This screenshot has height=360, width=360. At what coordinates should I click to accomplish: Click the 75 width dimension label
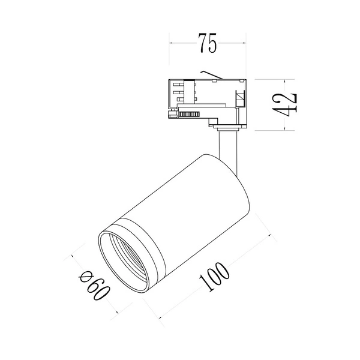tap(208, 43)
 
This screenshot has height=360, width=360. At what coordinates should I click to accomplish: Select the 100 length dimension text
tap(214, 277)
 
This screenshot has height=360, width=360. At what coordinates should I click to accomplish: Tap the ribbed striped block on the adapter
tap(189, 115)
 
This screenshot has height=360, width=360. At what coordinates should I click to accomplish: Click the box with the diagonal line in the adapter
tap(240, 98)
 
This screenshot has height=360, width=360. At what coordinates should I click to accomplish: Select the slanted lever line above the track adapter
tap(212, 74)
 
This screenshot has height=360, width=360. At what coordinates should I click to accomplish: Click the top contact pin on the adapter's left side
tap(179, 85)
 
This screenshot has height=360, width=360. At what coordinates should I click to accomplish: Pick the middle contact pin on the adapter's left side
tap(179, 92)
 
